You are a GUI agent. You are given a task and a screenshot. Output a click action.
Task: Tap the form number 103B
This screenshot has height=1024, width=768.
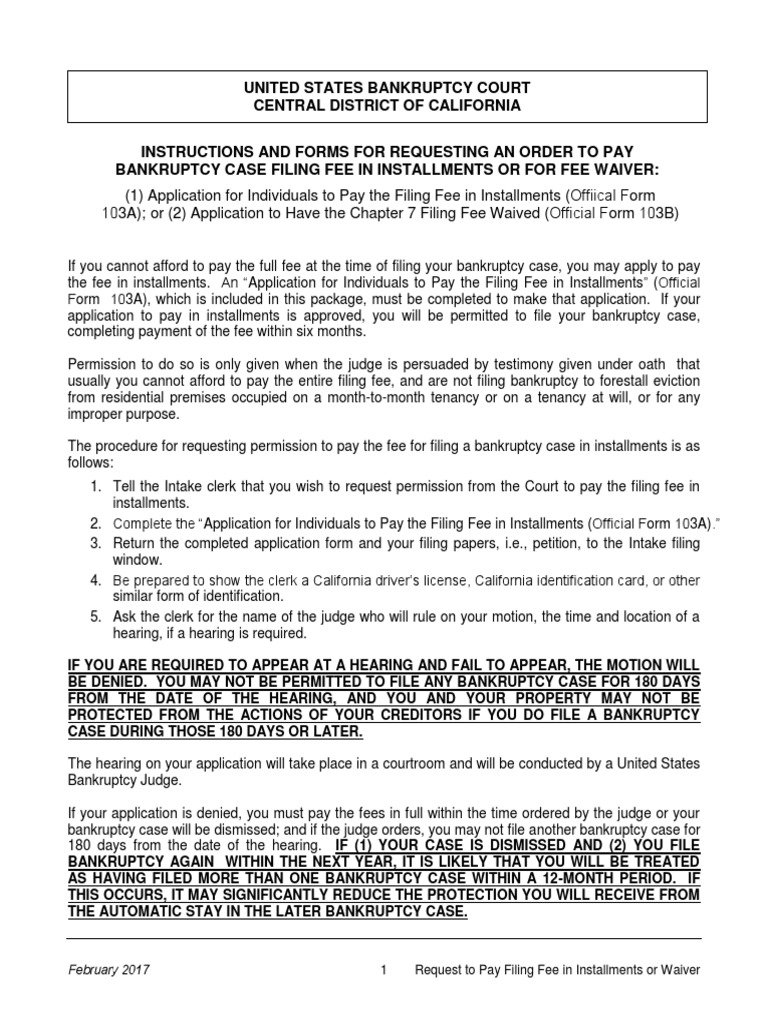pos(656,213)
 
